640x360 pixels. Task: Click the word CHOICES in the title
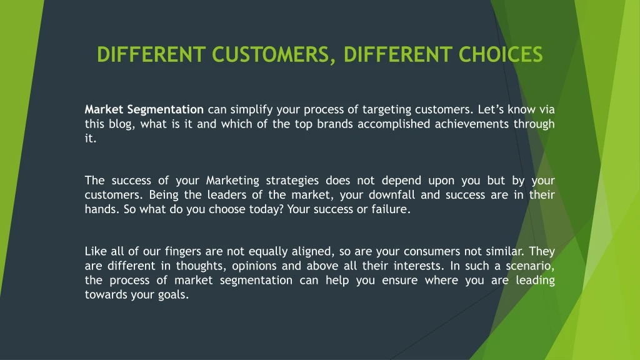click(501, 55)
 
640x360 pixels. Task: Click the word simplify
click(251, 110)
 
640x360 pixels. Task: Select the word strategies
click(292, 181)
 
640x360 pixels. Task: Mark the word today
click(265, 209)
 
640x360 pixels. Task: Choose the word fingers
click(183, 251)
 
